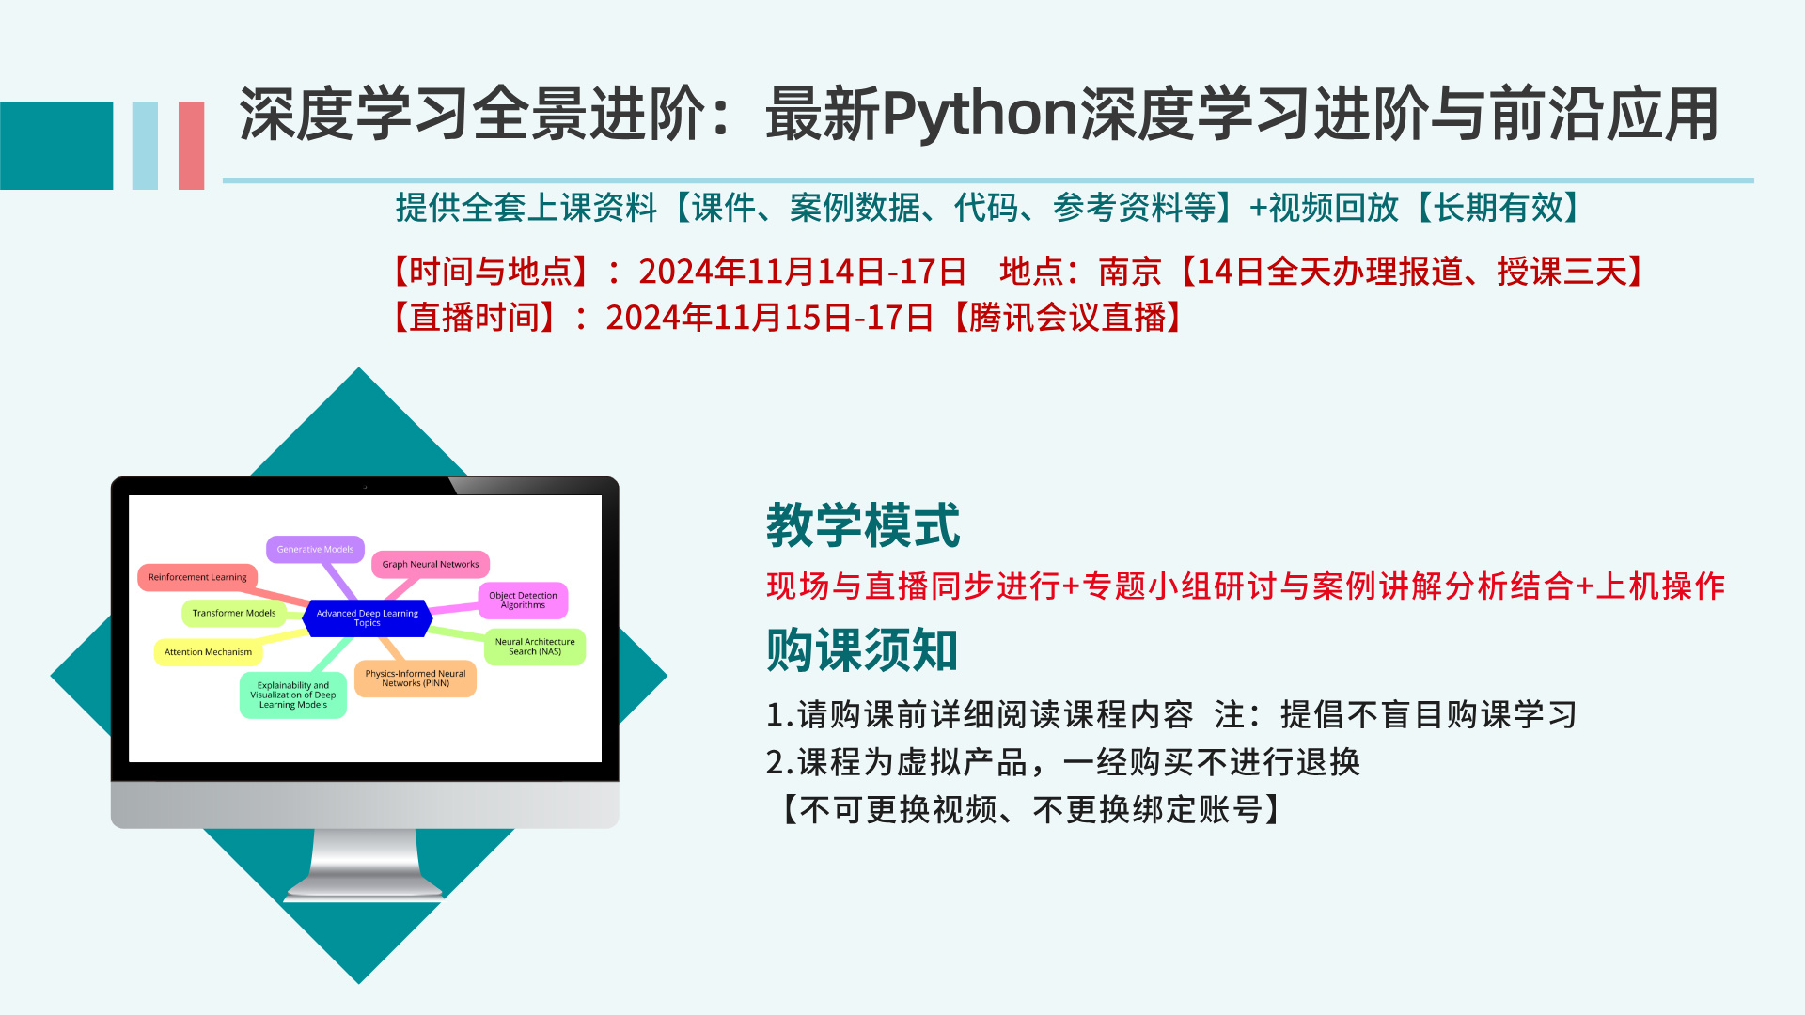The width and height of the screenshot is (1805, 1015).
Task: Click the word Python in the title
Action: (x=980, y=116)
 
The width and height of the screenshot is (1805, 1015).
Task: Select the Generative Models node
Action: (x=315, y=550)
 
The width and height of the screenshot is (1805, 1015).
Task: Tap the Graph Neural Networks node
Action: (x=431, y=564)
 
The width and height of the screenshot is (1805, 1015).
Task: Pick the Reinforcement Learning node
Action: (x=197, y=577)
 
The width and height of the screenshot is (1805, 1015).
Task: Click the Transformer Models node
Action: (x=234, y=613)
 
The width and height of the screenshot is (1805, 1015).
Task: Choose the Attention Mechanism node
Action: (x=208, y=652)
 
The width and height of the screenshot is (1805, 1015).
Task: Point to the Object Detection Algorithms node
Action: (x=523, y=601)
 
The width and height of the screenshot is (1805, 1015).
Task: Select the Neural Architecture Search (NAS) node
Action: (x=535, y=647)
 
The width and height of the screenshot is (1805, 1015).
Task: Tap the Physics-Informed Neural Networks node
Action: (x=415, y=679)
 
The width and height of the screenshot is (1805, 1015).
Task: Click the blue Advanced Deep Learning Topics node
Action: (x=368, y=618)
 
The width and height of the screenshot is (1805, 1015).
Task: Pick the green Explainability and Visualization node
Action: (x=293, y=695)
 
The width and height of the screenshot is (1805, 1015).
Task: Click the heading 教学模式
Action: (x=863, y=524)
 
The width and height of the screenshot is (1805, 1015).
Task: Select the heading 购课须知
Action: (x=862, y=650)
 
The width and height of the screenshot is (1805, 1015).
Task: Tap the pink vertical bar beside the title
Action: (x=191, y=146)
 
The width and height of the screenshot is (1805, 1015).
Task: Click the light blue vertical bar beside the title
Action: (x=145, y=146)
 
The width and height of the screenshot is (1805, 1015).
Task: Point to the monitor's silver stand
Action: (x=365, y=865)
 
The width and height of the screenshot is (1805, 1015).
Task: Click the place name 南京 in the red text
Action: (x=1130, y=272)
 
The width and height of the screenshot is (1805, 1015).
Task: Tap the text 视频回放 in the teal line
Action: (x=1334, y=208)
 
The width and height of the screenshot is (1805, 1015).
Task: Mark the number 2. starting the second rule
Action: (x=780, y=762)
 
